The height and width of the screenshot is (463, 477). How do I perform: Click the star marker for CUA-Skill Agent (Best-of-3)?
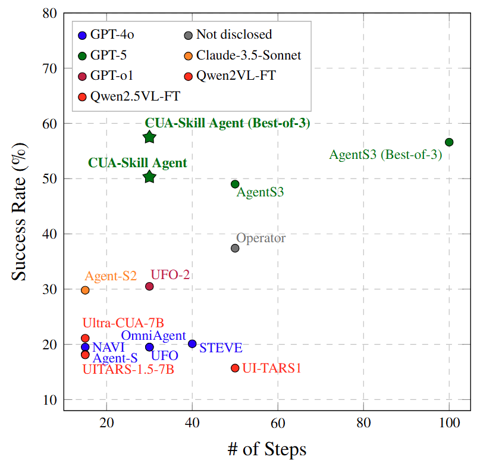point(149,137)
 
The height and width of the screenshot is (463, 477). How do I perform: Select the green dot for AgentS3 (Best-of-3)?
point(449,142)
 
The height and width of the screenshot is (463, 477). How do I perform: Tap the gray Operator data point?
point(235,248)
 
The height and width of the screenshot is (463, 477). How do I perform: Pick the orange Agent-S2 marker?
point(85,290)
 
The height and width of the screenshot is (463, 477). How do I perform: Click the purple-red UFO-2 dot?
point(149,286)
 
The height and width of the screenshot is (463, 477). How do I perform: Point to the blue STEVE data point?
point(192,343)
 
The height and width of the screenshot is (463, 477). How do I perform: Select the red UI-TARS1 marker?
point(235,368)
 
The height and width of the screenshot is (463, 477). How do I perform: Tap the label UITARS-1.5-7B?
point(128,369)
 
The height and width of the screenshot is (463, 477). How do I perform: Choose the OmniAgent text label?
point(153,336)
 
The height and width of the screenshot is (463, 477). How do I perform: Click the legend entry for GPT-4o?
point(111,35)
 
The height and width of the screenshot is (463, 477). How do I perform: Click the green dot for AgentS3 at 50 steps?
point(235,184)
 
